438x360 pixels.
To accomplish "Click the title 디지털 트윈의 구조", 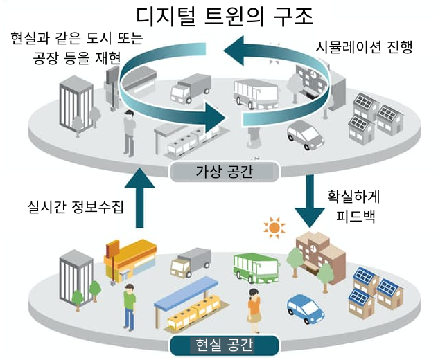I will click(220, 15).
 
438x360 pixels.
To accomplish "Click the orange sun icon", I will click(276, 226).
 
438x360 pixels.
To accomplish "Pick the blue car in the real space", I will click(305, 310).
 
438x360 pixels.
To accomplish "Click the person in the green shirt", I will click(128, 304).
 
